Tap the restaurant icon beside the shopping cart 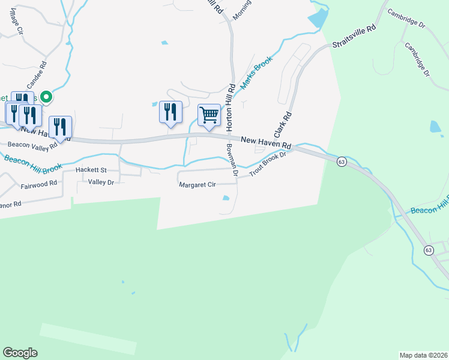coord(170,112)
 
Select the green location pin coord(46,97)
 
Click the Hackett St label coord(91,170)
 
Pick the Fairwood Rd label coord(38,184)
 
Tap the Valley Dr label coord(100,182)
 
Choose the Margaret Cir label coord(197,185)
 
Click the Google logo coord(20,353)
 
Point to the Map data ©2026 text coord(424,355)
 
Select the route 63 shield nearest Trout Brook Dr coord(342,162)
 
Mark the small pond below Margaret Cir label coord(226,198)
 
